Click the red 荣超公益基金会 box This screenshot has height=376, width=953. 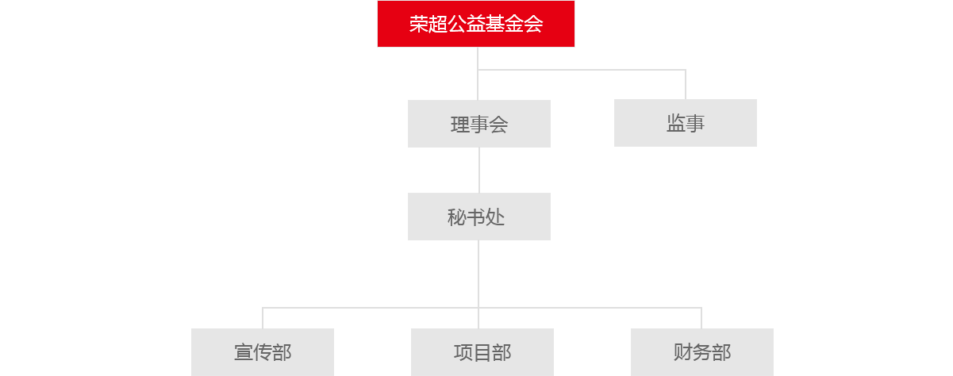[x=476, y=24]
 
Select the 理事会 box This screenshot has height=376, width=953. [x=479, y=124]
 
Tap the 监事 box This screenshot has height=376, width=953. [x=686, y=123]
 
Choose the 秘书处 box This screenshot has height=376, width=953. [x=479, y=217]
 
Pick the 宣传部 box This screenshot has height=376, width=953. [x=263, y=352]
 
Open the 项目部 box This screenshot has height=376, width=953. [x=482, y=352]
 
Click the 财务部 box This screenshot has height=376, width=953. [x=702, y=352]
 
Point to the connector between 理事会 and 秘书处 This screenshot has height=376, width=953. [x=479, y=170]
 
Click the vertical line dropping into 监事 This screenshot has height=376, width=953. [x=686, y=85]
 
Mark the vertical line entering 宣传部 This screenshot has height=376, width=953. [x=263, y=318]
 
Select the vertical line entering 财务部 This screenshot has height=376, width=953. [x=701, y=318]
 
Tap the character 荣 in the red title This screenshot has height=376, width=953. [x=418, y=24]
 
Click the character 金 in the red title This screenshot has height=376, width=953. [x=514, y=24]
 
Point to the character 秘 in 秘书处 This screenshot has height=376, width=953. [x=456, y=217]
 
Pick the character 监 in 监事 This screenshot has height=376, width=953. [x=675, y=123]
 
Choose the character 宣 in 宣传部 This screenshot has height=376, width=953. [x=244, y=353]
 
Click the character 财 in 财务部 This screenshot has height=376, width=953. [x=683, y=352]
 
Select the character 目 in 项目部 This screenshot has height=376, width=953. [x=482, y=353]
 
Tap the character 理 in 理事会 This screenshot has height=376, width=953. [x=460, y=125]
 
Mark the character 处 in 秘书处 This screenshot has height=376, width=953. [x=495, y=217]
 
